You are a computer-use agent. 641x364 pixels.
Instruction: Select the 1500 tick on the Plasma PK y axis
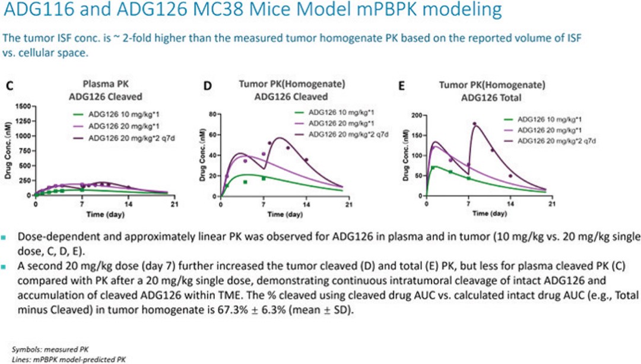click(24, 106)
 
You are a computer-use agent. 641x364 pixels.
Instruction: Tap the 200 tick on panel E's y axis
click(416, 115)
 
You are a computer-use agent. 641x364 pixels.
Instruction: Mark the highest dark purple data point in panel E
click(474, 124)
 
